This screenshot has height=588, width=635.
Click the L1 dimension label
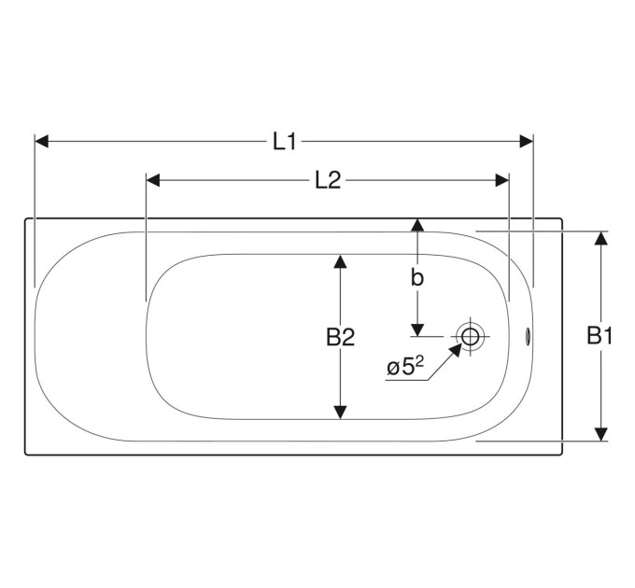point(285,142)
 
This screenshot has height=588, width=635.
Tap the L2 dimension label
point(328,180)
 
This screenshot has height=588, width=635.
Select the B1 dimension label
point(600,335)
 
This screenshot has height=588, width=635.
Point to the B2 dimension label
point(341,337)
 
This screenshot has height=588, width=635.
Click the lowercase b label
point(417,277)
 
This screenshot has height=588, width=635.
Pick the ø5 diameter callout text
point(405,367)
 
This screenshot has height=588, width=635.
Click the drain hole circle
point(470,336)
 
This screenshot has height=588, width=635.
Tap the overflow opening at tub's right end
point(529,337)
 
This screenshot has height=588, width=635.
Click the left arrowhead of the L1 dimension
point(42,142)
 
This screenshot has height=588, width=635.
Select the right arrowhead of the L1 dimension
point(526,142)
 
